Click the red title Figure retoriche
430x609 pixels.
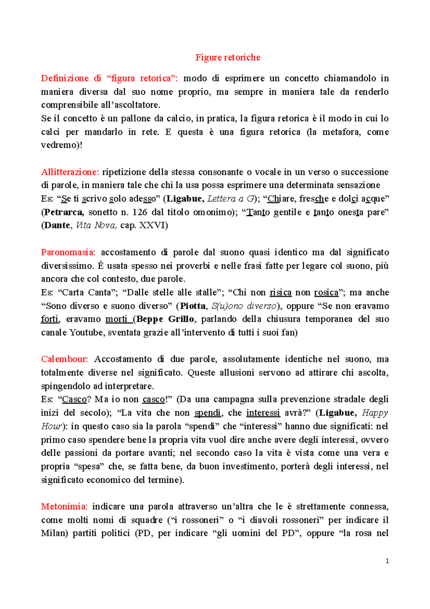click(x=228, y=57)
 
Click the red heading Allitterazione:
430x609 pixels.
click(x=70, y=172)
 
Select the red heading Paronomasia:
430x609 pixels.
click(x=68, y=252)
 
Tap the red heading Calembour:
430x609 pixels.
click(x=64, y=359)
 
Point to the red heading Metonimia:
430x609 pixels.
click(x=64, y=506)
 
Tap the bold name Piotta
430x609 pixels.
click(x=193, y=306)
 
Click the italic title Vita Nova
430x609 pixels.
click(x=97, y=225)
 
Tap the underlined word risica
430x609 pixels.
click(x=281, y=292)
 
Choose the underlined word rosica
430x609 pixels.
click(x=326, y=292)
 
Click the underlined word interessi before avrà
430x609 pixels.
click(x=263, y=413)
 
